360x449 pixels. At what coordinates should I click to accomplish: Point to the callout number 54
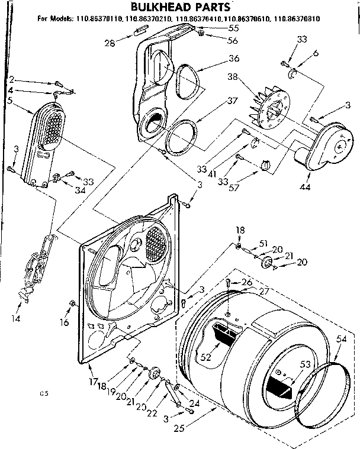[x=341, y=339]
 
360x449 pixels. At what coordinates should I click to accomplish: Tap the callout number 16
[x=64, y=323]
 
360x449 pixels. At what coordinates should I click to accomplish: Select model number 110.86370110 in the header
[x=98, y=19]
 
